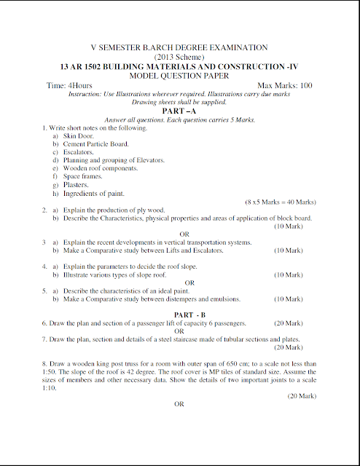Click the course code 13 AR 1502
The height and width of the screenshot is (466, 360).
click(x=84, y=66)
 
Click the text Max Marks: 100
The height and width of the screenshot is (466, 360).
click(x=285, y=85)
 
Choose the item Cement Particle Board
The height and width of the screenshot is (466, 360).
click(x=95, y=144)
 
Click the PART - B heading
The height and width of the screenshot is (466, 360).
click(x=179, y=314)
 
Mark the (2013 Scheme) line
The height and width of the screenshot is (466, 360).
click(x=179, y=55)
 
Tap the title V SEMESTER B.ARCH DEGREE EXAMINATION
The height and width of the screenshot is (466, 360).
click(x=179, y=47)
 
